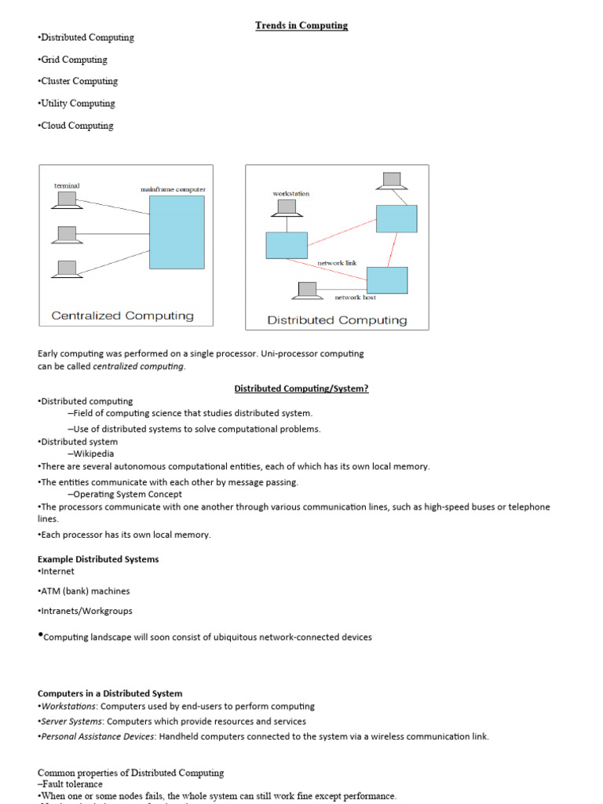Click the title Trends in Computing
click(301, 26)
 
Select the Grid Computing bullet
click(73, 60)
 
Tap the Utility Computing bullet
click(77, 104)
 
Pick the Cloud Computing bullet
click(76, 126)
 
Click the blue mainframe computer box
click(177, 232)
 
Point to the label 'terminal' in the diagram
click(67, 185)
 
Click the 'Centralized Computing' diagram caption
click(122, 316)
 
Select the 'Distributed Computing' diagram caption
click(337, 320)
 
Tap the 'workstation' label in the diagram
click(291, 193)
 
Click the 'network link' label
click(337, 263)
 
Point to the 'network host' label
click(355, 298)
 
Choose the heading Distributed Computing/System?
click(301, 389)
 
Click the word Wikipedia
click(93, 454)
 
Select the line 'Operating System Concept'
click(127, 495)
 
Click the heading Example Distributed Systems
click(98, 559)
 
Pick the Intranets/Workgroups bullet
click(86, 611)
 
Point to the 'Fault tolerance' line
click(71, 784)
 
